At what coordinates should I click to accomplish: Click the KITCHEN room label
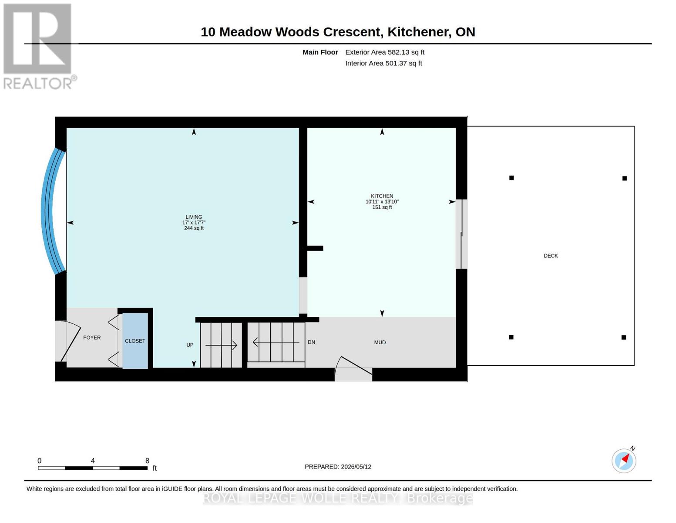click(x=382, y=196)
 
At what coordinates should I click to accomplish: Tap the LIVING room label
click(x=194, y=217)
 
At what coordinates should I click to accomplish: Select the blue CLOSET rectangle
click(x=135, y=341)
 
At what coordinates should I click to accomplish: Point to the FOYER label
click(x=92, y=338)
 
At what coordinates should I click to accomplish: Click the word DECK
click(x=551, y=256)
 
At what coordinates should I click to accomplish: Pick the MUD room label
click(x=380, y=343)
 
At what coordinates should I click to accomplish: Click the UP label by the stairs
click(x=190, y=345)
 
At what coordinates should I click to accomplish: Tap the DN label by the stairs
click(x=311, y=342)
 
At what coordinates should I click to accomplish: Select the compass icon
click(x=624, y=461)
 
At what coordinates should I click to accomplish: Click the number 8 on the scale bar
click(x=147, y=460)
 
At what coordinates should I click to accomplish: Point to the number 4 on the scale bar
click(x=93, y=460)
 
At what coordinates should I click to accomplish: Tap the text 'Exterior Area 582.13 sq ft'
click(x=385, y=52)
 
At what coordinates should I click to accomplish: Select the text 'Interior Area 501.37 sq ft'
click(x=383, y=63)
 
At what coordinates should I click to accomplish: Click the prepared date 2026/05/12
click(x=356, y=467)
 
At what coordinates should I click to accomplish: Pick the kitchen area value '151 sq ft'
click(x=382, y=207)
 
